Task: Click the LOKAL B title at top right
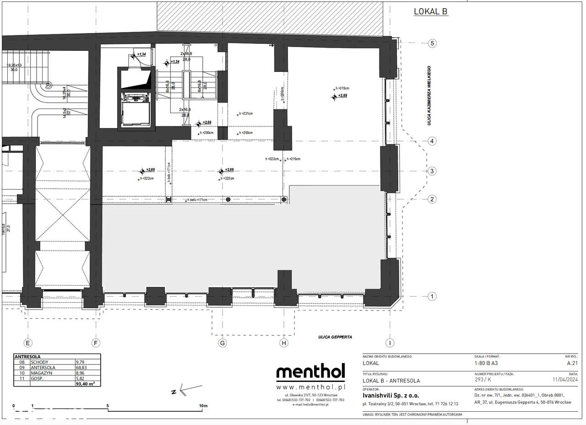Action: [x=430, y=12]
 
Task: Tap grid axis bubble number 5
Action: [x=432, y=44]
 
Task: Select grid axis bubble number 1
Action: [x=432, y=297]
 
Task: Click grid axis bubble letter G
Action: [x=222, y=343]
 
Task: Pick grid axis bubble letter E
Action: [x=28, y=343]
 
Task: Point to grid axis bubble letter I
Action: [x=390, y=343]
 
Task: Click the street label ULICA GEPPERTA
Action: [x=335, y=337]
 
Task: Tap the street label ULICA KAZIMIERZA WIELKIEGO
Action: [x=430, y=95]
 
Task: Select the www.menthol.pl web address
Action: [x=310, y=387]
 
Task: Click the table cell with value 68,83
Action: [x=81, y=367]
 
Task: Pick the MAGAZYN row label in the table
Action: [x=41, y=373]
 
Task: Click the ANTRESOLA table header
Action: [x=28, y=356]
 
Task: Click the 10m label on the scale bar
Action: [x=203, y=406]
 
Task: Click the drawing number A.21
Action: [x=572, y=363]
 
